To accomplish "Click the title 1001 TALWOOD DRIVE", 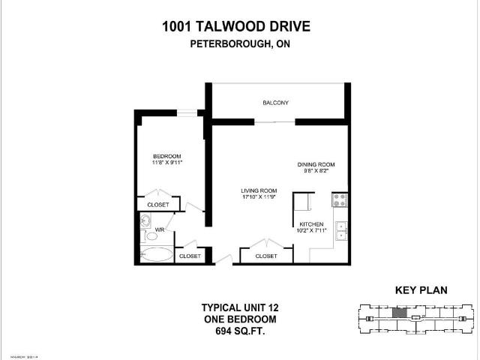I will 236,28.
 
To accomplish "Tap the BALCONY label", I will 275,103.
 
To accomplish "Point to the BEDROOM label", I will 166,156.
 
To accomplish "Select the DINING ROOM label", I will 315,164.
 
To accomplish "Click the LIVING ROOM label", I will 259,190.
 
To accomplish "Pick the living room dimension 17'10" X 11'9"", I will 259,197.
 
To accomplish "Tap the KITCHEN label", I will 311,224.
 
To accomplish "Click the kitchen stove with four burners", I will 339,200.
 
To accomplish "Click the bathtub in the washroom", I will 156,254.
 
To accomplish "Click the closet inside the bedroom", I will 158,204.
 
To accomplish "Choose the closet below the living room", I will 266,256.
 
